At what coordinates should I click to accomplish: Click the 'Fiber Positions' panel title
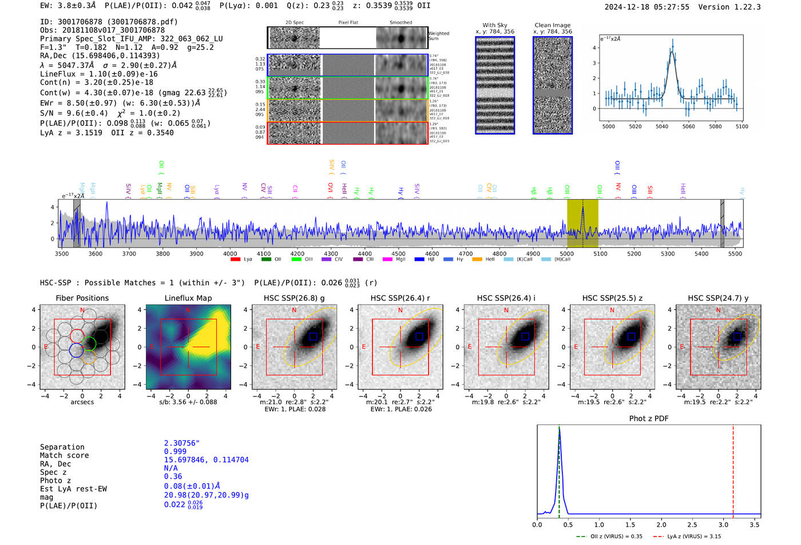point(82,298)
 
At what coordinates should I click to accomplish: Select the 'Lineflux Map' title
point(188,298)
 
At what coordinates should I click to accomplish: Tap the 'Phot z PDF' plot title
point(649,418)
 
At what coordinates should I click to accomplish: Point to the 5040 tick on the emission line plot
point(662,126)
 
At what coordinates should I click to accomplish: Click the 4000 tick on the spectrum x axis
point(230,253)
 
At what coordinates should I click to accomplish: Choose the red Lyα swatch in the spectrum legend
point(235,260)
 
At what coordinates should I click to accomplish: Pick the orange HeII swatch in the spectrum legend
point(477,260)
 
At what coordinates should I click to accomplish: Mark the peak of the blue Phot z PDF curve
point(560,429)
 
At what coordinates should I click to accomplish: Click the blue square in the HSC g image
point(313,336)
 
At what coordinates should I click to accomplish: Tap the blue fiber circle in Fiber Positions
point(76,350)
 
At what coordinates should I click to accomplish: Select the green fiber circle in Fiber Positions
point(89,344)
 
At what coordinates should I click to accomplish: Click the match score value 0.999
point(175,452)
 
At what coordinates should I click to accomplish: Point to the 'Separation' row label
point(62,447)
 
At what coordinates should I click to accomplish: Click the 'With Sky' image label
point(494,25)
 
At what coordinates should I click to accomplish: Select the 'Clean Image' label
point(552,25)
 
